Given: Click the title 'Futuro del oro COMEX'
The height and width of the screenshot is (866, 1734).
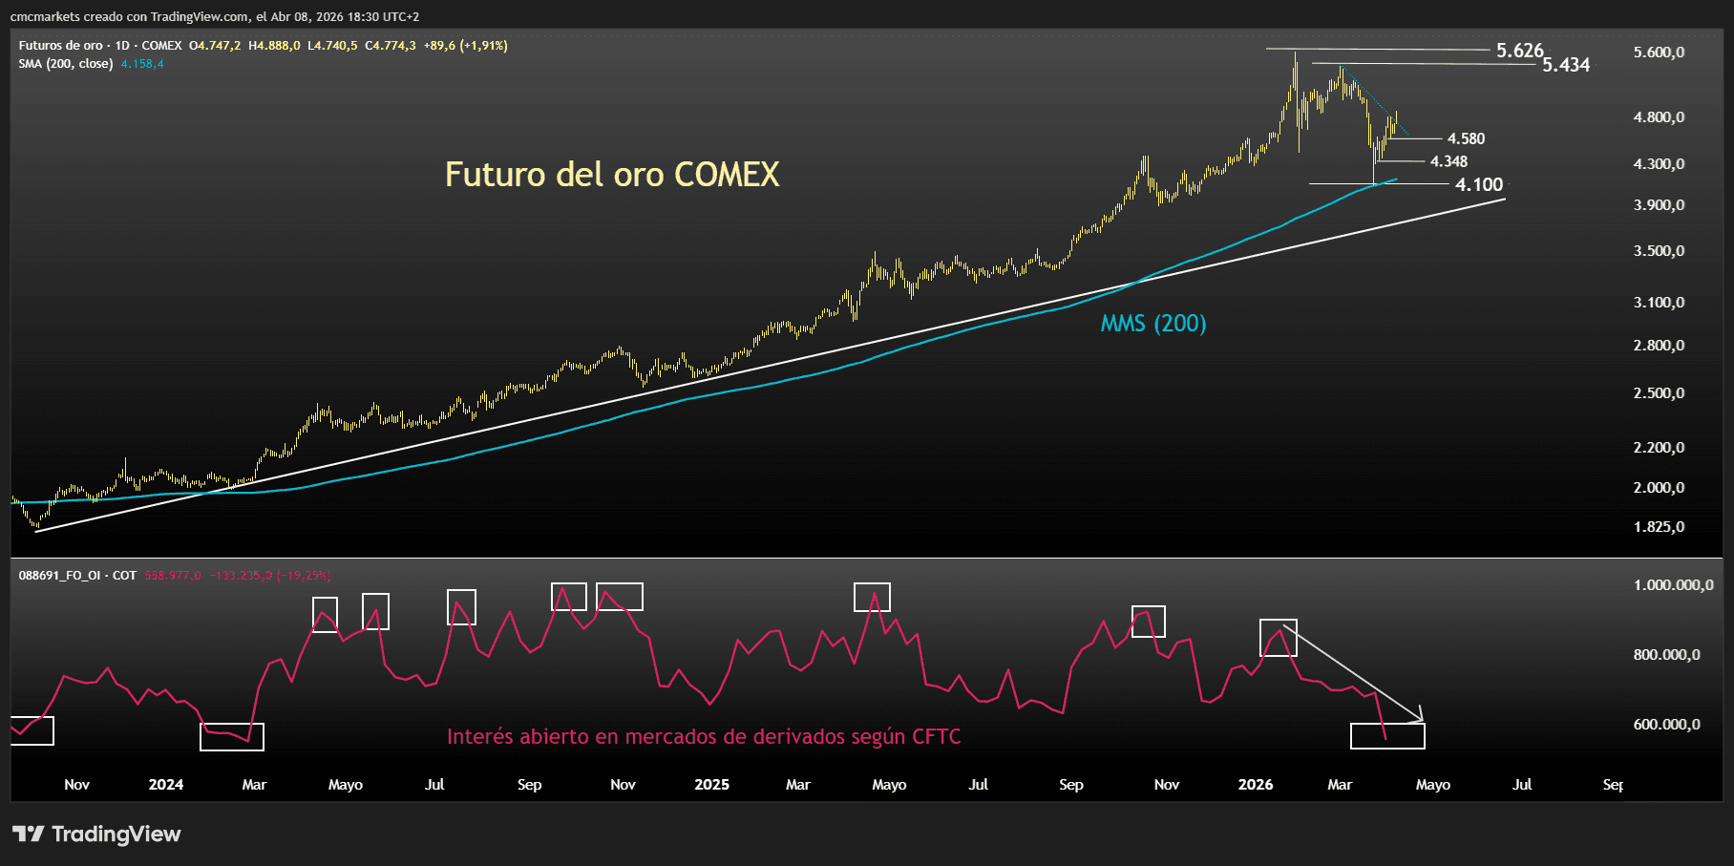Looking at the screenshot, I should click(612, 175).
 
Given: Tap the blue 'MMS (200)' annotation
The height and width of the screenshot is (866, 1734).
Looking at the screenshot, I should click(1153, 324).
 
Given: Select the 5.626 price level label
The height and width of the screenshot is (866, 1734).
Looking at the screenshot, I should click(1519, 51).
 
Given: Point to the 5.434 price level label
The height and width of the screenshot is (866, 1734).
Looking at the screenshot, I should click(1566, 65).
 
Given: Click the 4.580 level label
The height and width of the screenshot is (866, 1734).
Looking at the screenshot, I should click(1466, 139).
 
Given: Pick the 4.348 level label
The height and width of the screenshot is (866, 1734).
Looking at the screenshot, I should click(1449, 162).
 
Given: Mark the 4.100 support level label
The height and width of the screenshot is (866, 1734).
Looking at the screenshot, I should click(1478, 184).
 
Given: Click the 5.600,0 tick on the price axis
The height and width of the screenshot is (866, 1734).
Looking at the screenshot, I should click(1659, 53).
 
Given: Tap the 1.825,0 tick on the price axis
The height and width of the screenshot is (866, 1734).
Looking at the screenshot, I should click(1659, 527).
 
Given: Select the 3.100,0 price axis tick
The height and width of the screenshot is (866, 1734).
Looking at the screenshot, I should click(1659, 303).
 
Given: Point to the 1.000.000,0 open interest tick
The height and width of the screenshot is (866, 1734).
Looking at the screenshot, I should click(1673, 585).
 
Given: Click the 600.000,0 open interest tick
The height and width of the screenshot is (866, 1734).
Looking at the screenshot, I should click(1666, 725).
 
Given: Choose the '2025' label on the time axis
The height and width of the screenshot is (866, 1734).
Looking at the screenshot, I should click(711, 785).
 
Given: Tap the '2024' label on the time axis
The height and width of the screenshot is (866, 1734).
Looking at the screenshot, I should click(166, 785).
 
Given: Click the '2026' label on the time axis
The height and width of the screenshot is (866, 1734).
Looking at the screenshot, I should click(1255, 785).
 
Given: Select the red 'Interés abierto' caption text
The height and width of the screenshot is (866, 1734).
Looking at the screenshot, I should click(704, 737).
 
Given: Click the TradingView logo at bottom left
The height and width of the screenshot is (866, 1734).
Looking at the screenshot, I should click(96, 834).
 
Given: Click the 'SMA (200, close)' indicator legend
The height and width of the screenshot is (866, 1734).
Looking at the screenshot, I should click(66, 64).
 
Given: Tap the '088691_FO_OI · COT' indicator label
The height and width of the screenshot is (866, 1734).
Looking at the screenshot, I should click(77, 576).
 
